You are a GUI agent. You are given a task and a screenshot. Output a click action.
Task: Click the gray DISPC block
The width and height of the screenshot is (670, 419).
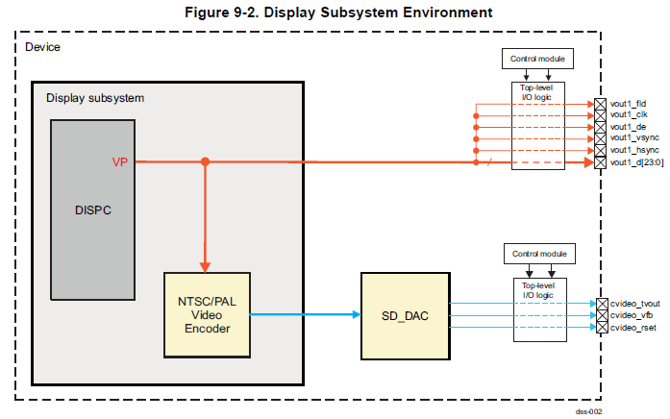click(93, 209)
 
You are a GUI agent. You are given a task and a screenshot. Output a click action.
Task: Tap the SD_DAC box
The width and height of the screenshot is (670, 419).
click(404, 315)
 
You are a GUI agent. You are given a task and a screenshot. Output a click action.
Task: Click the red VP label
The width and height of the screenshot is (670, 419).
click(120, 162)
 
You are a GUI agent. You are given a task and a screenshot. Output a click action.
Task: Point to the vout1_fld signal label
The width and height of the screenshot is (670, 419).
click(628, 103)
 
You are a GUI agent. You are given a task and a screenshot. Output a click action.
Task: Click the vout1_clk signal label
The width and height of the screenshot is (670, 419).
click(628, 114)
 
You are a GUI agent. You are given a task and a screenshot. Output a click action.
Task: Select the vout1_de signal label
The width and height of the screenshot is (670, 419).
click(627, 126)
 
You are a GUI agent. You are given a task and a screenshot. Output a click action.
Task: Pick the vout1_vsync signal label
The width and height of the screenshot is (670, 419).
click(632, 138)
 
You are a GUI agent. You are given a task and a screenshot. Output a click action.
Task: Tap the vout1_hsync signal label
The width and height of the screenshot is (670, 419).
click(632, 150)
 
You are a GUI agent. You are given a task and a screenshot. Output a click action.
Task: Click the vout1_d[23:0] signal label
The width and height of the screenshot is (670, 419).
click(635, 162)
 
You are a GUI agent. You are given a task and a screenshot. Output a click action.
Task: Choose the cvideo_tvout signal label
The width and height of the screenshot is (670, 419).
click(634, 304)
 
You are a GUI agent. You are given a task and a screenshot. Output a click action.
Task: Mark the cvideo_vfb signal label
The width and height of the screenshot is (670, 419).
click(631, 315)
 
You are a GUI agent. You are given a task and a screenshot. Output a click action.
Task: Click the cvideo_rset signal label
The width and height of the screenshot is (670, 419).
click(632, 328)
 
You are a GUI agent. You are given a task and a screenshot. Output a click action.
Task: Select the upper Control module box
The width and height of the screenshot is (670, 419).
click(538, 60)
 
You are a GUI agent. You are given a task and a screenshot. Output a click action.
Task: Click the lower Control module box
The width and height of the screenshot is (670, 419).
click(539, 255)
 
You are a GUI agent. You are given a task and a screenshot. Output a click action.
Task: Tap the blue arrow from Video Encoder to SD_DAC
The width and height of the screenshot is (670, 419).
click(308, 314)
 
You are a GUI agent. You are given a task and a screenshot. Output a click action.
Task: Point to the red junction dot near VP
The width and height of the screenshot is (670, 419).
click(205, 162)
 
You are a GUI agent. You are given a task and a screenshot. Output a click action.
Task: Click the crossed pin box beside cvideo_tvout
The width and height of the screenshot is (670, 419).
click(602, 304)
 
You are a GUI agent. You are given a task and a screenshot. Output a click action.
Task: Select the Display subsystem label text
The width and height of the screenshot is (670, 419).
click(95, 98)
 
